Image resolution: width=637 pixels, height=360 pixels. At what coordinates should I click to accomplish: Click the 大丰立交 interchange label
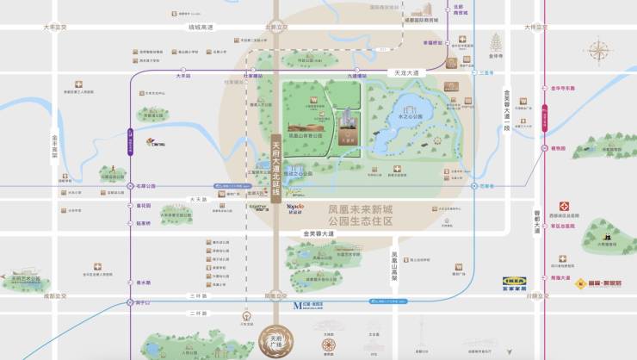click(x=56, y=28)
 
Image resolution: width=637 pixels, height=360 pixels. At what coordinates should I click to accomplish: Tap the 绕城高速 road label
click(x=201, y=28)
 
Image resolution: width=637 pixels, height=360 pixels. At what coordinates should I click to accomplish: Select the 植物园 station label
click(x=559, y=148)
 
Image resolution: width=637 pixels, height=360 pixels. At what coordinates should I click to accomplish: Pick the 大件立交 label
click(x=535, y=28)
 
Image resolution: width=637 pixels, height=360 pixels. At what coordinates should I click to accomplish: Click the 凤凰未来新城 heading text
click(x=360, y=209)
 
